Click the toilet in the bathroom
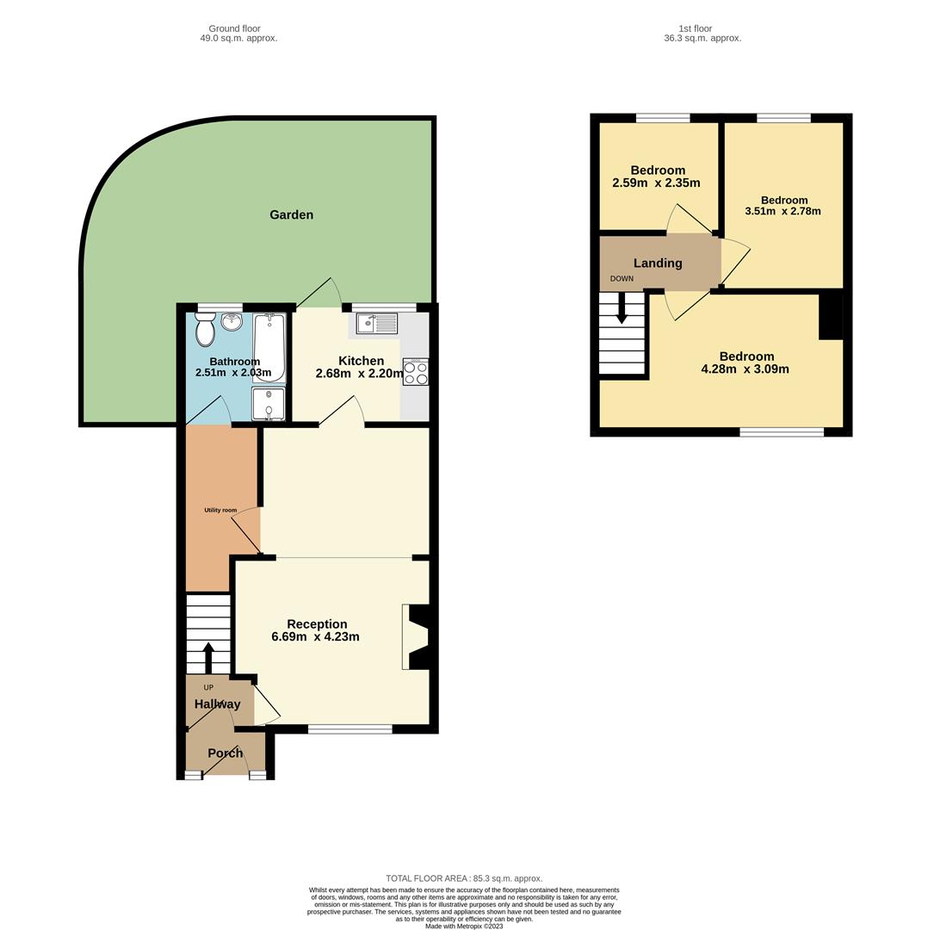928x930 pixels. pos(205,329)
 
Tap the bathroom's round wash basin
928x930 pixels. pos(232,322)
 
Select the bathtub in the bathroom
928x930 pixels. pos(269,348)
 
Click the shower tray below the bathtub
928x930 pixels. pos(269,404)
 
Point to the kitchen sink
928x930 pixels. pos(377,324)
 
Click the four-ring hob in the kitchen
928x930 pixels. pos(415,372)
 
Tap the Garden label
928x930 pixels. pos(291,214)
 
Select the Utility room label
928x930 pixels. pos(220,510)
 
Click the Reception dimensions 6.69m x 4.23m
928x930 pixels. pos(315,637)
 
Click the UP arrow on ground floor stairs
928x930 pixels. pos(208,656)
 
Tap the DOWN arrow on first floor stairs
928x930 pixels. pos(622,310)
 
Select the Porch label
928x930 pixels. pos(225,753)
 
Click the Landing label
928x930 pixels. pos(658,263)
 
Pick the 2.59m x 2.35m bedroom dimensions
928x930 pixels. pos(656,183)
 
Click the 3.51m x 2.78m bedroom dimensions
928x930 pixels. pos(783,211)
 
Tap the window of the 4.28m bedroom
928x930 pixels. pos(782,431)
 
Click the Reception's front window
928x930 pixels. pos(350,729)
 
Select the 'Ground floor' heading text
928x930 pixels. pos(234,28)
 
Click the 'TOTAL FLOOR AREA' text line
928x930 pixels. pos(464,878)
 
